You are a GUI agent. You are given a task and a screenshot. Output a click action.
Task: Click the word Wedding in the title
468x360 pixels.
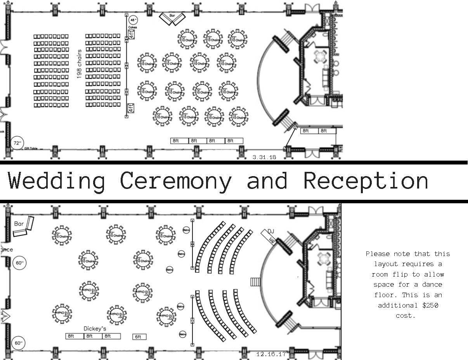coord(57,181)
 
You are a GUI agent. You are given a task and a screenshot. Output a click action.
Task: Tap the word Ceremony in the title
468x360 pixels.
coord(175,181)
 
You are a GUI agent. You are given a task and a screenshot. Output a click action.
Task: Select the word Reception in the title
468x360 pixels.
coord(366,181)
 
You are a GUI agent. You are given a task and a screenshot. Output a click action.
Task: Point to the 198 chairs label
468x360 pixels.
coord(79,64)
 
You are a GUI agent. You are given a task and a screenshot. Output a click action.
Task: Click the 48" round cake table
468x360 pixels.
coord(133,20)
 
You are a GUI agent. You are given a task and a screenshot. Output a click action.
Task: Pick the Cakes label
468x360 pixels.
coord(132,28)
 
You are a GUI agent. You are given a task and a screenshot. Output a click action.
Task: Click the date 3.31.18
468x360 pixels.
coord(264,157)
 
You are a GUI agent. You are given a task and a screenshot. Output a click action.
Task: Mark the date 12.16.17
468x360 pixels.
coord(271,354)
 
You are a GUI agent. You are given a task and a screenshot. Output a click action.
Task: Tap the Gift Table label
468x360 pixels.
coord(31,149)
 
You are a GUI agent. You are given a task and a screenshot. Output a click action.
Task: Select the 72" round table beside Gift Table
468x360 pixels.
coord(17,143)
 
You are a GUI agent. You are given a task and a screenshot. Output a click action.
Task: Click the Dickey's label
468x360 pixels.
coord(95,329)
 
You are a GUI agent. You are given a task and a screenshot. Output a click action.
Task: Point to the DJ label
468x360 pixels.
coord(270,232)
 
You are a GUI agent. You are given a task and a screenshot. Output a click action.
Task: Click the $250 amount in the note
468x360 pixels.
coord(430,305)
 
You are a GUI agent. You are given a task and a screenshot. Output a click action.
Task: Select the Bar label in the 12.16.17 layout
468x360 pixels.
coord(19,224)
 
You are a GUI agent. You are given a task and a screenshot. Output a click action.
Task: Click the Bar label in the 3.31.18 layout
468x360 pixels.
coord(172,16)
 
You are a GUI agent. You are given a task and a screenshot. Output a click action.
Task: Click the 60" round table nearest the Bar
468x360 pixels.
coord(19,263)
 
